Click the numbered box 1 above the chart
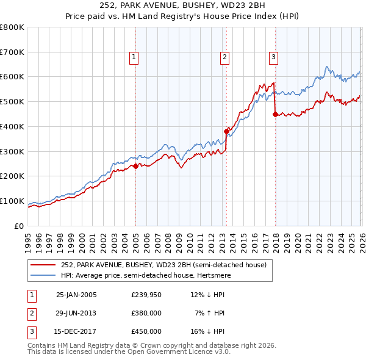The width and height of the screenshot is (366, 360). coord(133,57)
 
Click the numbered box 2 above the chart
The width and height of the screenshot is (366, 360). coord(224,57)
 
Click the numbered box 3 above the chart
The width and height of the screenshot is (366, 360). coord(273,57)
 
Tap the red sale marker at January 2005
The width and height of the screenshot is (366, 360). coord(135,166)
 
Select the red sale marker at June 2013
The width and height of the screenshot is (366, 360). coord(226,131)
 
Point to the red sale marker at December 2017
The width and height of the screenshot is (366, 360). coord(275,113)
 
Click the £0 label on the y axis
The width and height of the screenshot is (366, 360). coord(20,226)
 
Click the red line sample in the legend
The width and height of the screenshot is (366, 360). coord(44,265)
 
